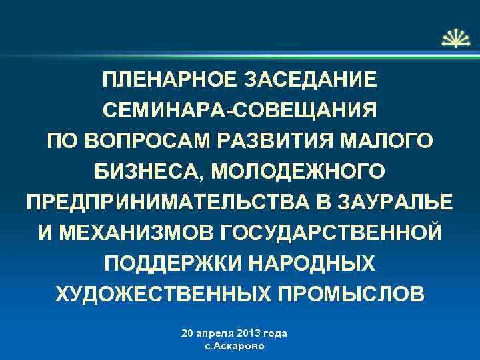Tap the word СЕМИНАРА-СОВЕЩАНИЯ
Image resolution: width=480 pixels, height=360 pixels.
(239, 110)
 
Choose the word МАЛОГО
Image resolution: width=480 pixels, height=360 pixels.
(387, 141)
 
